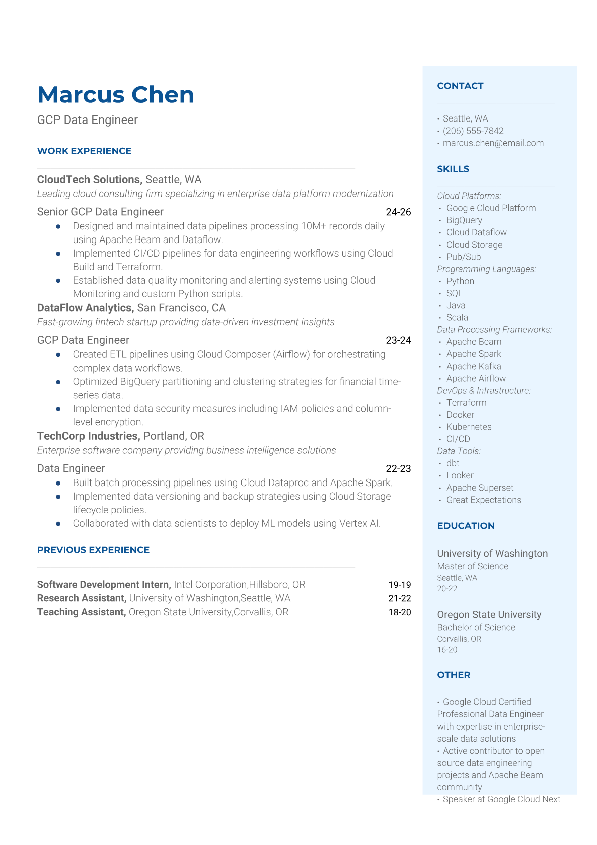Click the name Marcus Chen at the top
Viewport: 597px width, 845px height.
click(115, 95)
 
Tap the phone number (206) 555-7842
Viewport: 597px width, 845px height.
click(473, 131)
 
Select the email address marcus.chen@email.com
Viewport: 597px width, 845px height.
click(493, 143)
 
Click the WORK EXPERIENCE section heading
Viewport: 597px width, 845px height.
click(84, 151)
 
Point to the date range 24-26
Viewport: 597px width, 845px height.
click(398, 212)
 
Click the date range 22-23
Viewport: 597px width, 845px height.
click(398, 468)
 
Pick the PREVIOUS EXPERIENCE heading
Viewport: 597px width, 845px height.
click(93, 550)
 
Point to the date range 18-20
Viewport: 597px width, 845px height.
click(399, 612)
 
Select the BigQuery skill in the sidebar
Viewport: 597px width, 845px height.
click(464, 220)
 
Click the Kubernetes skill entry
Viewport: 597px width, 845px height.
click(469, 427)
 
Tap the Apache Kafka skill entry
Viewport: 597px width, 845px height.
click(474, 366)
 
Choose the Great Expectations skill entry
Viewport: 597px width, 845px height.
click(484, 500)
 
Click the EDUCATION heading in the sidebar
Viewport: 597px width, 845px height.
click(466, 526)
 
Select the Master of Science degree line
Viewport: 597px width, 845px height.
click(473, 566)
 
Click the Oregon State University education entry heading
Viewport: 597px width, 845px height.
click(489, 614)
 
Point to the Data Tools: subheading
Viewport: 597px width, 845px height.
click(459, 451)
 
